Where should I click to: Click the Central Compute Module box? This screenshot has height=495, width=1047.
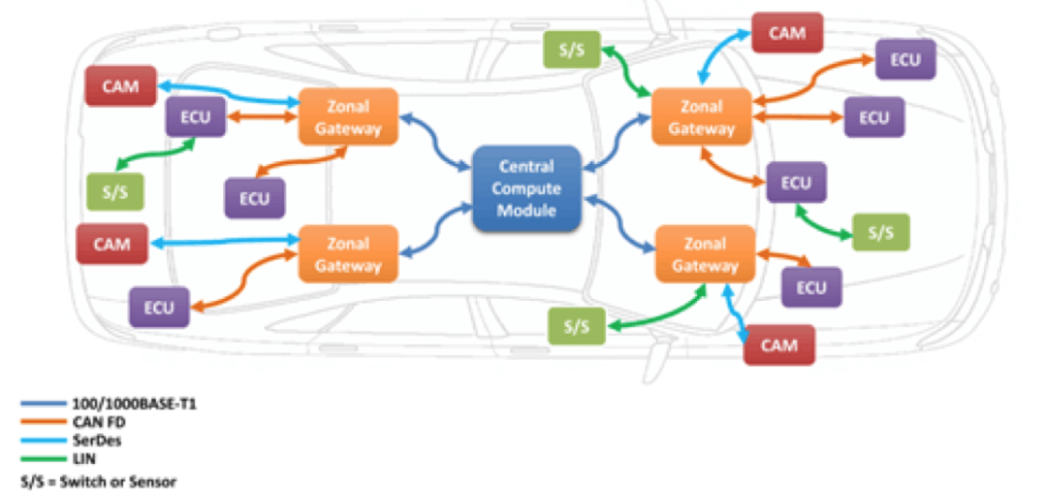(x=526, y=188)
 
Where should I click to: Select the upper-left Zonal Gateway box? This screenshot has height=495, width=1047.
(x=348, y=117)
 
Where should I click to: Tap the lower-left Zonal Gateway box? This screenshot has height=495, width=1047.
(x=348, y=254)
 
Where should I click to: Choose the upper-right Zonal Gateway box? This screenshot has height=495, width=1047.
(x=702, y=117)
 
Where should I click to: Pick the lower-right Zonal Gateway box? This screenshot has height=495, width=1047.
(x=705, y=254)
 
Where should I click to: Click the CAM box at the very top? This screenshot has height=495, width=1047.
(x=786, y=33)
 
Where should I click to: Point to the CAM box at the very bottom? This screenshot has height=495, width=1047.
(x=778, y=346)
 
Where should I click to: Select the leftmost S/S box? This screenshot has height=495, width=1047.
(x=114, y=191)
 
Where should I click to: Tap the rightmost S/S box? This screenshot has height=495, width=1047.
(x=880, y=233)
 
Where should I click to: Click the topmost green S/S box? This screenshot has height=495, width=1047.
(x=571, y=49)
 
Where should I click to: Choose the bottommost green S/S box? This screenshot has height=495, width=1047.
(x=576, y=326)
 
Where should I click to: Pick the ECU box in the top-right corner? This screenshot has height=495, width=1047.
(x=904, y=60)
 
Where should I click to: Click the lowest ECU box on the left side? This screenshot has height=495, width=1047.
(x=158, y=308)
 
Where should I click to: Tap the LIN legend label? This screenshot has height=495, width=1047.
(x=84, y=457)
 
